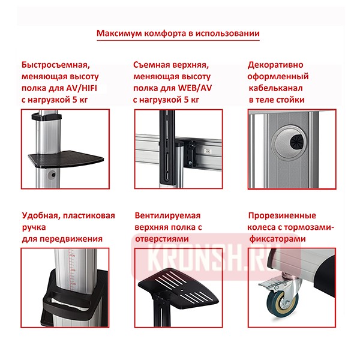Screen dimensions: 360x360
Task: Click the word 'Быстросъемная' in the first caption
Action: (55, 65)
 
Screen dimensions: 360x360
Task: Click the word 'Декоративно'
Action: (275, 65)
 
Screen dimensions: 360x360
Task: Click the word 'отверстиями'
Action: (161, 238)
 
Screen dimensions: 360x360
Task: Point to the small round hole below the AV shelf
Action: (53, 175)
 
